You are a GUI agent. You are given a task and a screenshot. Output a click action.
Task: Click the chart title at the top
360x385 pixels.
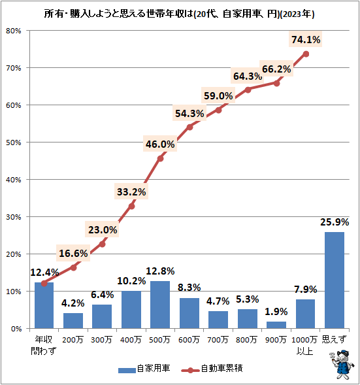tap(180, 13)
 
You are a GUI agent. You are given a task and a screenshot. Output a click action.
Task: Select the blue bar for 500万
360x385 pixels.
tap(160, 304)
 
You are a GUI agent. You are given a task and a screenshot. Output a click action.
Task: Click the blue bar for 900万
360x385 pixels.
tap(276, 324)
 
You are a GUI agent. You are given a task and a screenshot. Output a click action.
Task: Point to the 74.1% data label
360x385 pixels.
tap(305, 40)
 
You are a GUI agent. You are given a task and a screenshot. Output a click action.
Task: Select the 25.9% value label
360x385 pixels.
tap(334, 222)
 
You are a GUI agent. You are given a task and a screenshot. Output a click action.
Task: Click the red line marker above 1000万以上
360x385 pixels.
tap(306, 54)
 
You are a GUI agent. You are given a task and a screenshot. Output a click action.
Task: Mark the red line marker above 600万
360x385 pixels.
tap(189, 127)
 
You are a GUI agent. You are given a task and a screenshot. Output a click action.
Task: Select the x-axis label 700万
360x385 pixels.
tap(218, 339)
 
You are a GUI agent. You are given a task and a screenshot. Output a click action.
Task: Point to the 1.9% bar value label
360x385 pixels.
tap(276, 311)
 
